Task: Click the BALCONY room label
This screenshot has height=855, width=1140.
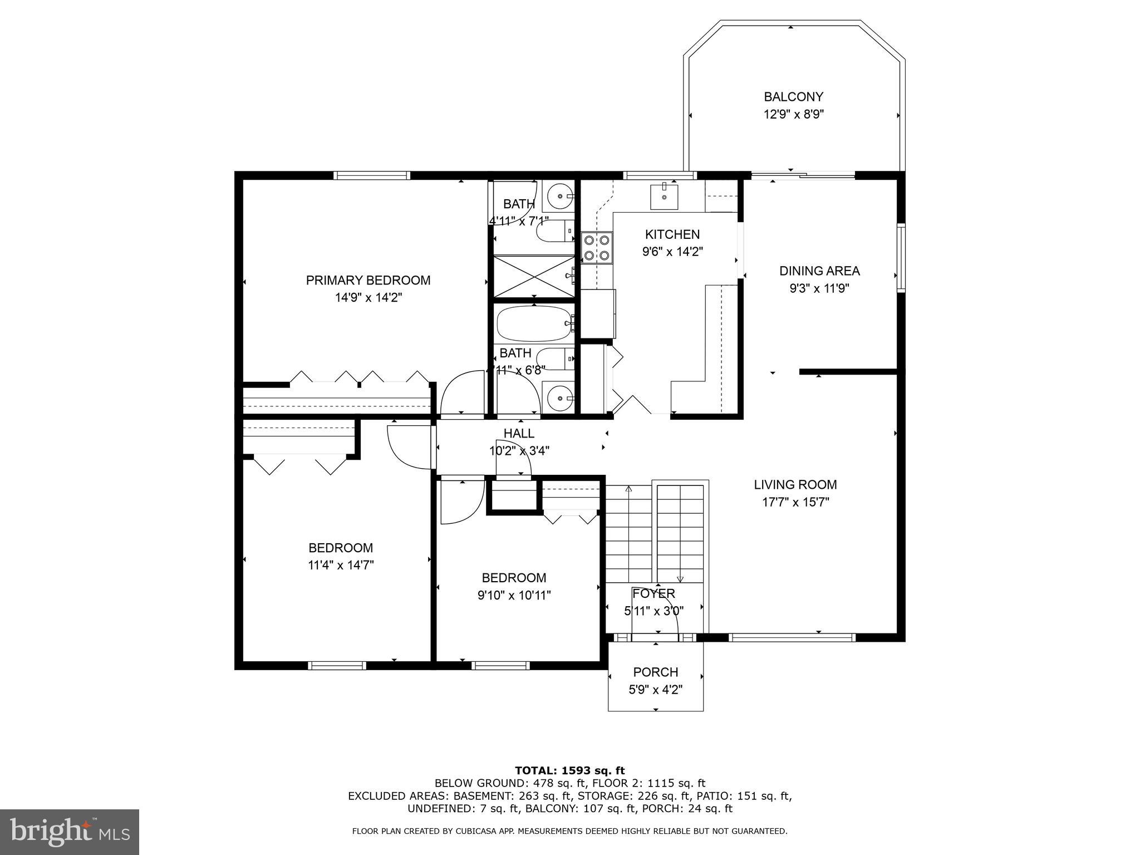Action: tap(793, 97)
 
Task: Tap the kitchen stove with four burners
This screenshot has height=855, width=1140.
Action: tap(597, 248)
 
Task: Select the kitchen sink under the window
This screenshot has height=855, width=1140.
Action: tap(665, 196)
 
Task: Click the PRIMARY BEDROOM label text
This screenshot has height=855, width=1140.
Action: tap(368, 280)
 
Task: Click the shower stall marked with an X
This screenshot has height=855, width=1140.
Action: tap(534, 276)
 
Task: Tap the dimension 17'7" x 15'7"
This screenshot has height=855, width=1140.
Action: tap(795, 502)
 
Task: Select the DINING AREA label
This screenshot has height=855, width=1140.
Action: tap(819, 271)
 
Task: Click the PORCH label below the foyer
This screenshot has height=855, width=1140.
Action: tap(655, 672)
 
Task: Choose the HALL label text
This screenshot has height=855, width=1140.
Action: tap(519, 433)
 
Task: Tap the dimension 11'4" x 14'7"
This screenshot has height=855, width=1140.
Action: tap(341, 565)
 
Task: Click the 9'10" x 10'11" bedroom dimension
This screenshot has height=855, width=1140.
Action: tap(514, 595)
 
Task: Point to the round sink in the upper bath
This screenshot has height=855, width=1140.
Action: tap(558, 196)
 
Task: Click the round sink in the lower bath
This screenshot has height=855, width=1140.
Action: tap(558, 398)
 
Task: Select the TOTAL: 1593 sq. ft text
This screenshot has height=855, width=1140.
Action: tap(569, 770)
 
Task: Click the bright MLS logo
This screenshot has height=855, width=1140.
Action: tap(69, 832)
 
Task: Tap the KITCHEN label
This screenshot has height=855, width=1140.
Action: tap(672, 234)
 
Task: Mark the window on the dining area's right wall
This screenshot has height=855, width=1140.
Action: tap(901, 257)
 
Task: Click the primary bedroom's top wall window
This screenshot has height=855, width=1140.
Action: tap(372, 175)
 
